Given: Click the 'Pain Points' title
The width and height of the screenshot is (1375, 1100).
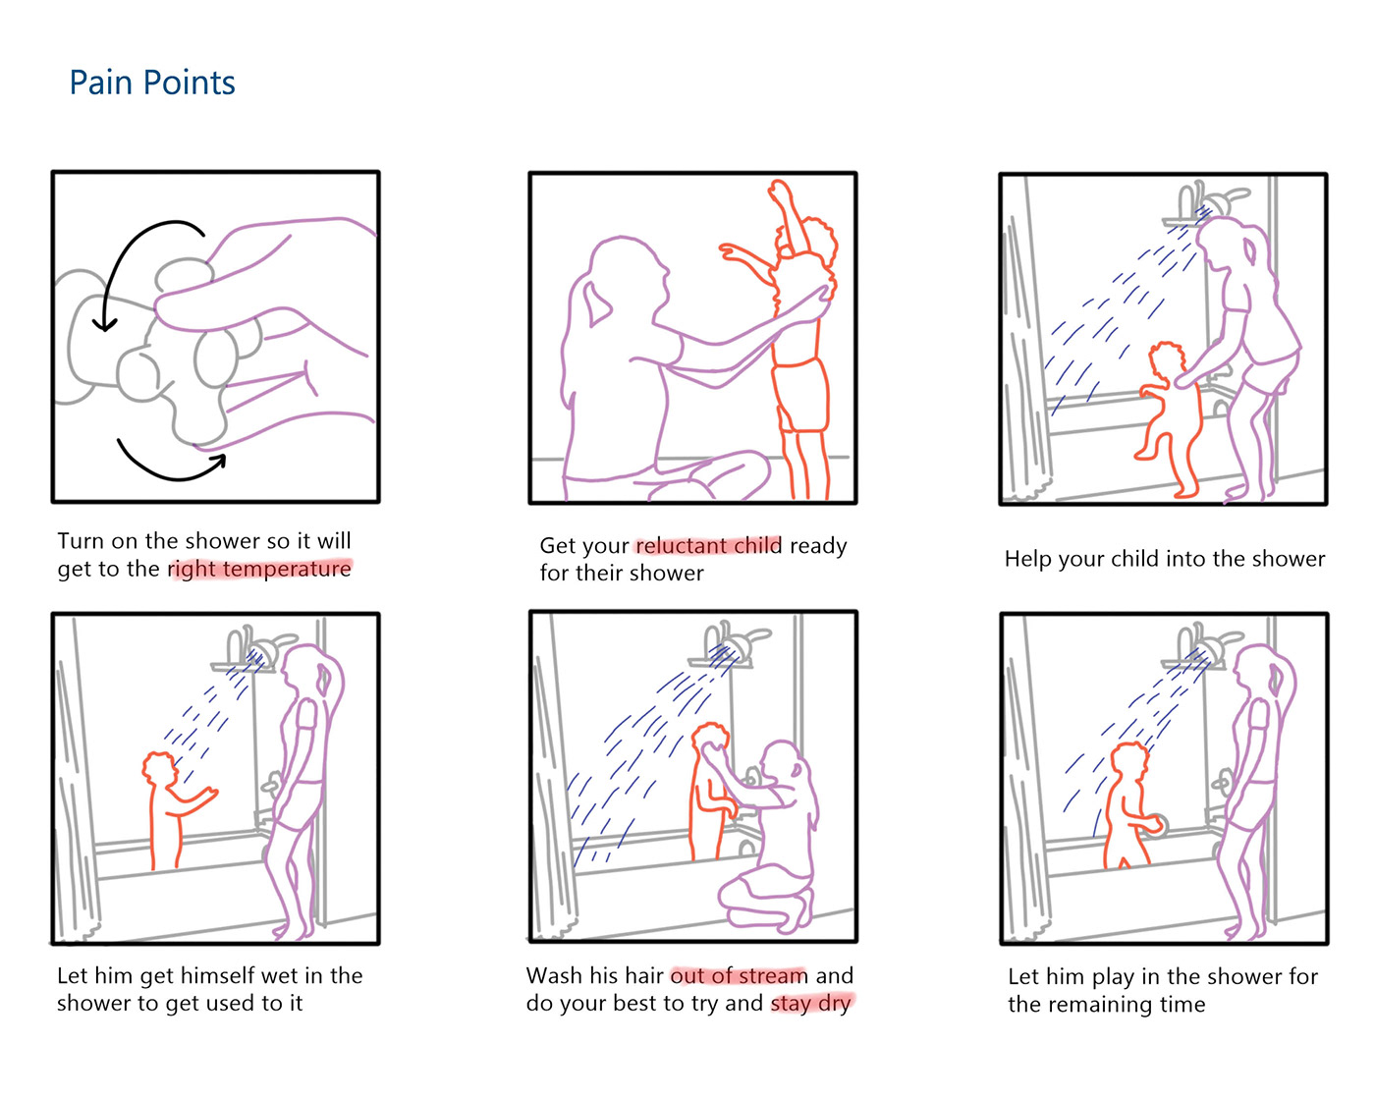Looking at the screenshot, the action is tap(152, 83).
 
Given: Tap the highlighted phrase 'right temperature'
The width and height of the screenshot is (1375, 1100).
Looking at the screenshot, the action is tap(260, 569).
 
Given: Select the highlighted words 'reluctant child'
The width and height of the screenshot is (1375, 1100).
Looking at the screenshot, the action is tap(708, 545).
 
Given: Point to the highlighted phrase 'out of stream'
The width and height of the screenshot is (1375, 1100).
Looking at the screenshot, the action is tap(739, 975).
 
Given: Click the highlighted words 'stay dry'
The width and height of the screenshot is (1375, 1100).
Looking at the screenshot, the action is tap(811, 1004).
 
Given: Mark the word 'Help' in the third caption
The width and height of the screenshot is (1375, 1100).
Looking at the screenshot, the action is tap(1028, 559).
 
